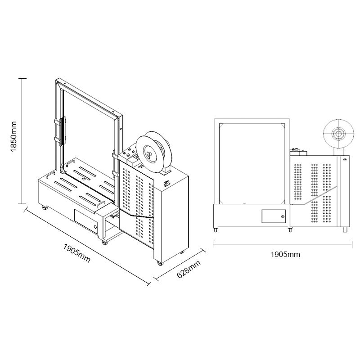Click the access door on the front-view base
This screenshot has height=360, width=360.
[274, 216]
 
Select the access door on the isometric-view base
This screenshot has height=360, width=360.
[86, 221]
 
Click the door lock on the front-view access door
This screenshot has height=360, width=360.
[283, 216]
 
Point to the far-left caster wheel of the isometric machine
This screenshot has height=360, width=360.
[44, 207]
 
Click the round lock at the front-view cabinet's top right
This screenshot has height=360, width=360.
[345, 159]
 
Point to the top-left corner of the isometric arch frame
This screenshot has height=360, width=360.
[58, 81]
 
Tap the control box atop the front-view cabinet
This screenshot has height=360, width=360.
[297, 151]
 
